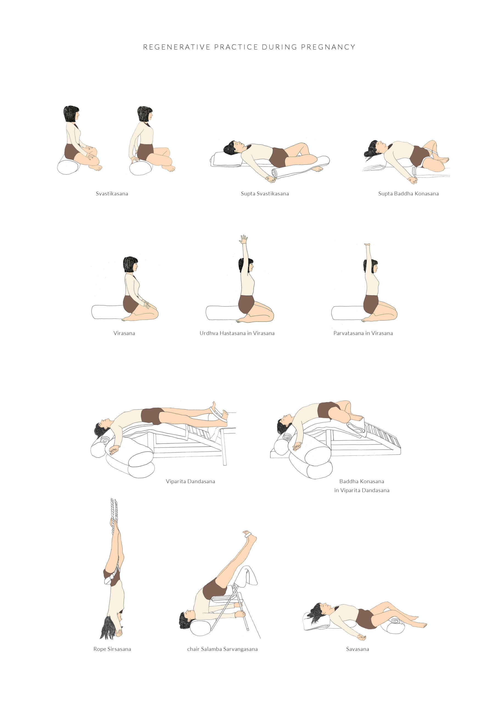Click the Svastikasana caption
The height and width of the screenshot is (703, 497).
pos(112,194)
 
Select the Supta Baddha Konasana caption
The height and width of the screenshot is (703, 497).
pos(408,194)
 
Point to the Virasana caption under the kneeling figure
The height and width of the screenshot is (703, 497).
pos(124,333)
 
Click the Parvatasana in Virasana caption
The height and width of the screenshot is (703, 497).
pos(363,333)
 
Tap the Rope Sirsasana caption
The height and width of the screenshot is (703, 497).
pos(112,649)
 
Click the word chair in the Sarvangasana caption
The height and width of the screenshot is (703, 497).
pos(193,649)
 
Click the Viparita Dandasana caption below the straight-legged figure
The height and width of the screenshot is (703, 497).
pos(190,481)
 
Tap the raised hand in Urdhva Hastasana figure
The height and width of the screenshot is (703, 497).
pos(244,239)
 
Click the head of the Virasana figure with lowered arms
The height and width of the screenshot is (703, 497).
pos(130,264)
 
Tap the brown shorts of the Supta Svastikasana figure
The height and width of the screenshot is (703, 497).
pos(279,157)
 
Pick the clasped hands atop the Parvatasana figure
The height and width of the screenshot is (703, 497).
pos(367,245)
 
